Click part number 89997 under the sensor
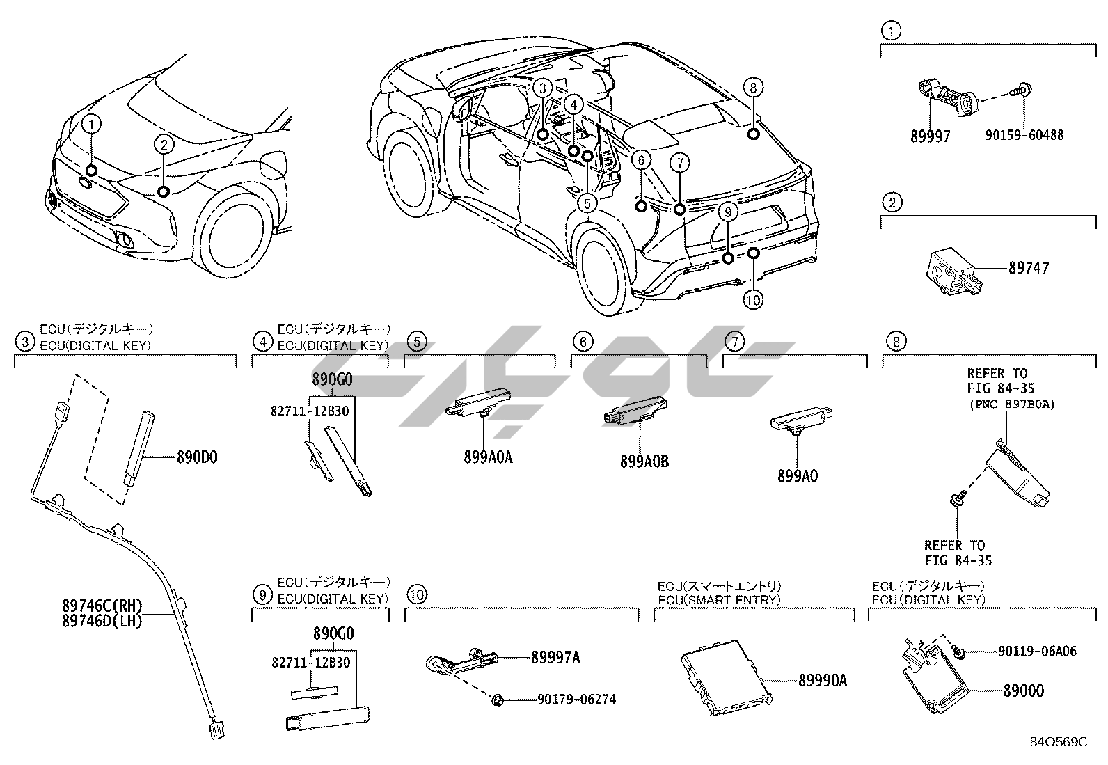(930, 136)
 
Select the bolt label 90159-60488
(1024, 135)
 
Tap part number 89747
(1029, 268)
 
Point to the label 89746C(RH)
(102, 607)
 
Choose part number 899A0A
(488, 457)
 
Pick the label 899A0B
(644, 461)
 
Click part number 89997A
(555, 657)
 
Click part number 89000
(1023, 691)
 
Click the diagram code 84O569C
(1059, 742)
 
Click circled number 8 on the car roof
(752, 88)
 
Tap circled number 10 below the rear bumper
(753, 300)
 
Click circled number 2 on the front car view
(164, 145)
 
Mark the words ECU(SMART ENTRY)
(719, 599)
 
